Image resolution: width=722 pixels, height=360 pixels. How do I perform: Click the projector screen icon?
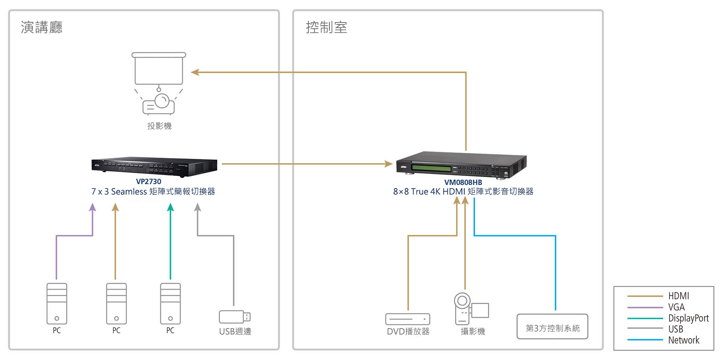(159, 69)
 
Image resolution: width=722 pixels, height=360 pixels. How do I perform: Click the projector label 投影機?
(159, 126)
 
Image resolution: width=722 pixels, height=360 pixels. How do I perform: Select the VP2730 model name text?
(149, 181)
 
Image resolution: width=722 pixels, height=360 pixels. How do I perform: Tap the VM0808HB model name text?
(463, 182)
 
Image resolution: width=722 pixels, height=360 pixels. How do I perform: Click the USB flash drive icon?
(234, 317)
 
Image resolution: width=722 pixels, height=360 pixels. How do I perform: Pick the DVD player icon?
(408, 319)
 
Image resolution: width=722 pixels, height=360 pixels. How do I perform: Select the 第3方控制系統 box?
(552, 326)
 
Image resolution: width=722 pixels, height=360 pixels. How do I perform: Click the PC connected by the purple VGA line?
(57, 304)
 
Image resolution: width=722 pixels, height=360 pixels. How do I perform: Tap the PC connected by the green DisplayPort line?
(170, 304)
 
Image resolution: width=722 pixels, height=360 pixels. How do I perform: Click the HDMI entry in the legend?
(678, 296)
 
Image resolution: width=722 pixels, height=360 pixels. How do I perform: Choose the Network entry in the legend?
(683, 340)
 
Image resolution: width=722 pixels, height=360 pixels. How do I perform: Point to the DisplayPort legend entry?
(688, 318)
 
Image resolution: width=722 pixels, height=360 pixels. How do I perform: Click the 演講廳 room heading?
(41, 27)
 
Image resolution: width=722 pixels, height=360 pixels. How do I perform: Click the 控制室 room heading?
(326, 27)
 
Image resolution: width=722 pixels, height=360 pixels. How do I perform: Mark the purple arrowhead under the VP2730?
(93, 207)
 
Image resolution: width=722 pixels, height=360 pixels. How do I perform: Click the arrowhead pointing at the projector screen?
(195, 72)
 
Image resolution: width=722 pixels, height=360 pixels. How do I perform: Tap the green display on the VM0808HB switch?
(432, 168)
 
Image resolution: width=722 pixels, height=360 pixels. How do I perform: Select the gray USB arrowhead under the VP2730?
(198, 207)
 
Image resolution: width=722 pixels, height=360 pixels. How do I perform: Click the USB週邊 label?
(235, 331)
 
